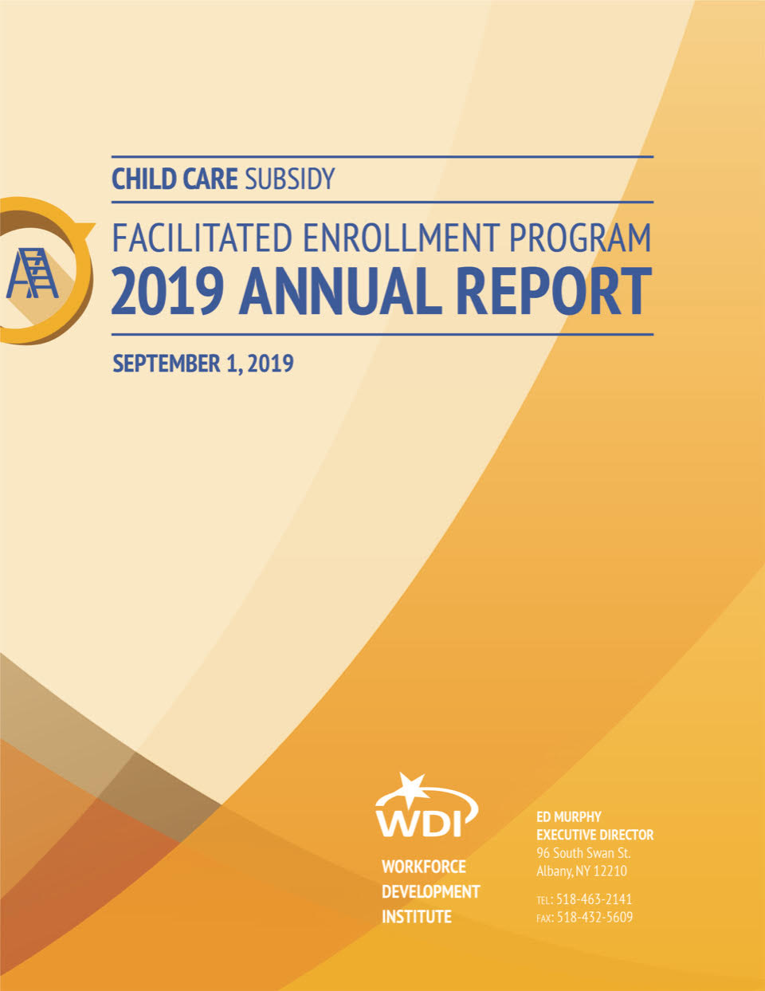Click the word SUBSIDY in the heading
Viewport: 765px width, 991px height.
[x=290, y=179]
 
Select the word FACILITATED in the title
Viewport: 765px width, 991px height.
[x=202, y=238]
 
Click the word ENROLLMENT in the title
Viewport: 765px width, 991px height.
[x=400, y=238]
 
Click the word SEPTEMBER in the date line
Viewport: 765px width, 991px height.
[x=167, y=364]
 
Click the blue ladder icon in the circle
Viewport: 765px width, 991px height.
[x=33, y=273]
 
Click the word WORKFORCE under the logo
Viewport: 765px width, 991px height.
[x=424, y=867]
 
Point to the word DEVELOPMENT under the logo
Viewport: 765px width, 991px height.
[x=430, y=892]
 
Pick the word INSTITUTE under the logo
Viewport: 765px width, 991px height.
[x=417, y=917]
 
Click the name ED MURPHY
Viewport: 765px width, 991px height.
[x=569, y=816]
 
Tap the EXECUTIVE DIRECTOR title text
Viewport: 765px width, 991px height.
[x=595, y=835]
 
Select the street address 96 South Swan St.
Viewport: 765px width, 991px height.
[x=583, y=853]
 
